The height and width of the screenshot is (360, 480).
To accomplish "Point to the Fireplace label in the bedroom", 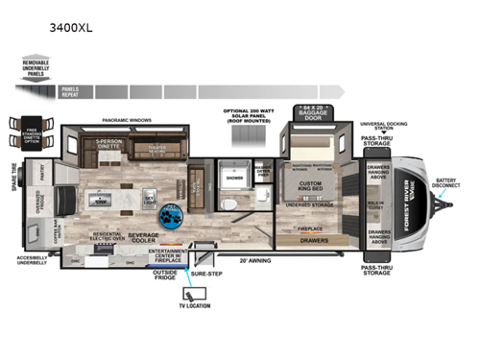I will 306,228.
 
